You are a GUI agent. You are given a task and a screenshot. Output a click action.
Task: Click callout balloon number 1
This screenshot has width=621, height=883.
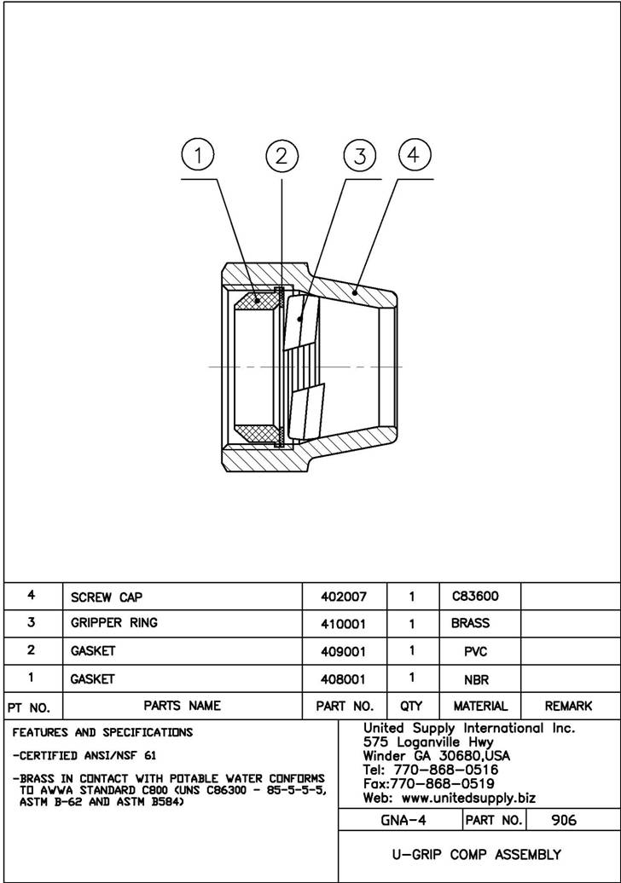pyautogui.click(x=198, y=156)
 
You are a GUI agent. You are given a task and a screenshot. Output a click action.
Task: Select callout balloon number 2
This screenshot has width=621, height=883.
pyautogui.click(x=282, y=156)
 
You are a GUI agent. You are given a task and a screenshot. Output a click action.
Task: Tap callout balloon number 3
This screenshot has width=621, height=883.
pyautogui.click(x=360, y=156)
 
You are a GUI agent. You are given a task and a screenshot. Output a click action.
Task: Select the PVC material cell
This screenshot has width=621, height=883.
pyautogui.click(x=481, y=652)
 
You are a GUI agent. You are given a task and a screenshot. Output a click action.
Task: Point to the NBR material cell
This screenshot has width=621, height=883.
pyautogui.click(x=481, y=680)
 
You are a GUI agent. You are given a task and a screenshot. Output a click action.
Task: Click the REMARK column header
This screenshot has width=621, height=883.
pyautogui.click(x=568, y=706)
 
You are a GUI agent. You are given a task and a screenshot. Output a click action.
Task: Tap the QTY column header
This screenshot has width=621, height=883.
pyautogui.click(x=411, y=706)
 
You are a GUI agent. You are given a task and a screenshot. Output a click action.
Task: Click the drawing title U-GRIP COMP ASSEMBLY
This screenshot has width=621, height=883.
pyautogui.click(x=476, y=854)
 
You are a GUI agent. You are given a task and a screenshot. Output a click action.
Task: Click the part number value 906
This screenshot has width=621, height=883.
pyautogui.click(x=564, y=820)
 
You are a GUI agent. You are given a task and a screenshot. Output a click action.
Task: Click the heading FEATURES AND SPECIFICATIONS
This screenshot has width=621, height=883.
pyautogui.click(x=102, y=732)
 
